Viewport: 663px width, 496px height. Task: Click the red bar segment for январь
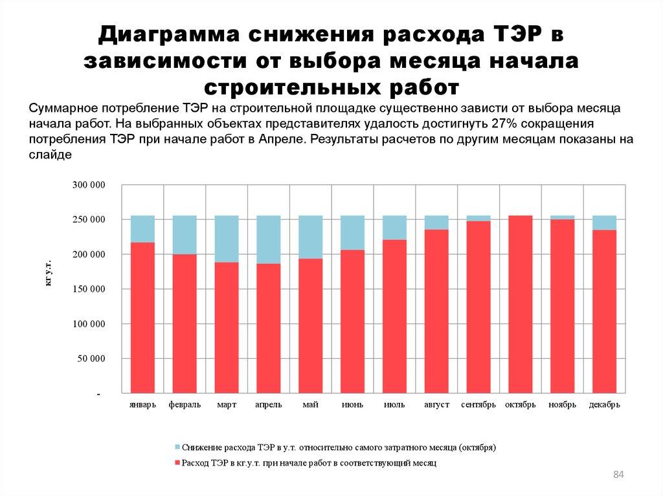(142, 317)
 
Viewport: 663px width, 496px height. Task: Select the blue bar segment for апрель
(268, 239)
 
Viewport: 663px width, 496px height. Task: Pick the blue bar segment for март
(226, 239)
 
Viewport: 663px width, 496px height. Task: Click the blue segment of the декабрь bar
(604, 222)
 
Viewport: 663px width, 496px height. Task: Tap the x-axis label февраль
(185, 405)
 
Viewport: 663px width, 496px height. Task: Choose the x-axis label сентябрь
(478, 405)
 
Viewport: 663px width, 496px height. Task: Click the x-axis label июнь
(352, 405)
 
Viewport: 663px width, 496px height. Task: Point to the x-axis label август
(436, 405)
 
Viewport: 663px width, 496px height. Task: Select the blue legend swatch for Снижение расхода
(177, 447)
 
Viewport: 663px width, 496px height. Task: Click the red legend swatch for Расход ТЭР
(177, 464)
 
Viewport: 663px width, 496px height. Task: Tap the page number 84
(618, 476)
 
